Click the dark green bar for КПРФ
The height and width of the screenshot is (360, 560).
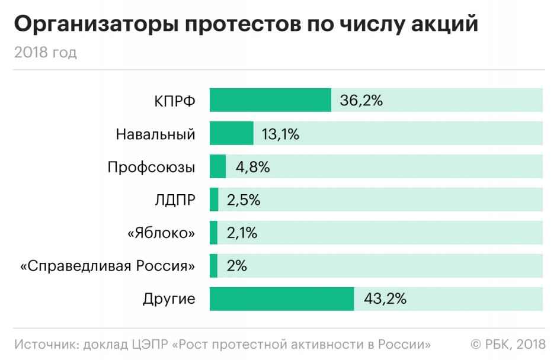[x=270, y=100]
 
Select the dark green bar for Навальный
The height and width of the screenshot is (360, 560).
[x=232, y=133]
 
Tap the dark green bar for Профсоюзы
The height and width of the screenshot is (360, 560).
[x=218, y=166]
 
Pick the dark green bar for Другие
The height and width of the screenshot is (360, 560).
[x=282, y=298]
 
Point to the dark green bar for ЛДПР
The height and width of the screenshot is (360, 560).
[x=214, y=200]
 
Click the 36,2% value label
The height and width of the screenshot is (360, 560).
[x=361, y=100]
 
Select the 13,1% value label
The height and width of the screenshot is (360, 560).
[x=280, y=134]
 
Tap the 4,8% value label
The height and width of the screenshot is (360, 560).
[x=252, y=167]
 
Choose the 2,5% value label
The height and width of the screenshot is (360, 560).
[x=243, y=200]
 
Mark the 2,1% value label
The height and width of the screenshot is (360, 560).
[x=242, y=233]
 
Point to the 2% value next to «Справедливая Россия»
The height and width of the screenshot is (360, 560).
[x=236, y=266]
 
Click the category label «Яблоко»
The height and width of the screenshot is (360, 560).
[x=161, y=233]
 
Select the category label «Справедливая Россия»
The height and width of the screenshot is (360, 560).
[x=107, y=266]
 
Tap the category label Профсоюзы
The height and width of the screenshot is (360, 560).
[x=151, y=167]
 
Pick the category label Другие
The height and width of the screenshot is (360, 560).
[x=169, y=299]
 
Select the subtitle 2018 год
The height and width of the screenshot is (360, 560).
[x=46, y=53]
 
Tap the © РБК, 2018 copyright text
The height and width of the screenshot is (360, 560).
[x=508, y=344]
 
